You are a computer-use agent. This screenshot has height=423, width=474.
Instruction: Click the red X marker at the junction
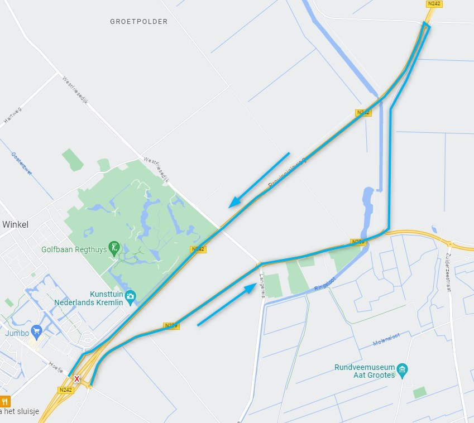[x=76, y=378]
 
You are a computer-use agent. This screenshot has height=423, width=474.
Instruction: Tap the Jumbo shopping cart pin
[x=37, y=330]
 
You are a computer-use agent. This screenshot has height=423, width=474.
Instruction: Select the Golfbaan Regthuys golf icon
[x=115, y=247]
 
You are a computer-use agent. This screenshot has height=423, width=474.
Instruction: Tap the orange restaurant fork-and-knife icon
[x=4, y=401]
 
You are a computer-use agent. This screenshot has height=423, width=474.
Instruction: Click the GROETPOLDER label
[x=138, y=22]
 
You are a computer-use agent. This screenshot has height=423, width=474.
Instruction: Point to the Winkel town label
[x=15, y=224]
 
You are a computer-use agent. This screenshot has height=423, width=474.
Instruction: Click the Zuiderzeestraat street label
[x=449, y=272]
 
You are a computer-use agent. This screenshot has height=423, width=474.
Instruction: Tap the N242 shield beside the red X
[x=65, y=390]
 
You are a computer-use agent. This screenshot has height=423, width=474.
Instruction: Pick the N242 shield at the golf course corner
[x=198, y=249]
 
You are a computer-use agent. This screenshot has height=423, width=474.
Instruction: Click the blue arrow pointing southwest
[x=259, y=180]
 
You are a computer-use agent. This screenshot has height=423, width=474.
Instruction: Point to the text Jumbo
[x=17, y=333]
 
